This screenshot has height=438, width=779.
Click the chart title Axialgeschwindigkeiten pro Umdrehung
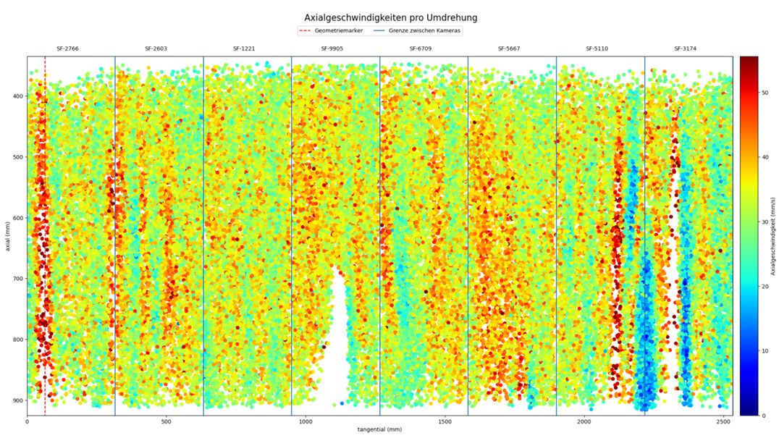(390, 17)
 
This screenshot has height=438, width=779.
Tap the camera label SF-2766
(67, 49)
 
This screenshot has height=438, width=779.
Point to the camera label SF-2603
(156, 49)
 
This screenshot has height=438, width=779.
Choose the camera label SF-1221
(244, 49)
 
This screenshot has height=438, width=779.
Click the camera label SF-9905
(332, 49)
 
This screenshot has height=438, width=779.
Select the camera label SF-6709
(421, 49)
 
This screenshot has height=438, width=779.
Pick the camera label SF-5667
(509, 49)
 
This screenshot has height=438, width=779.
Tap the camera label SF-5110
(597, 49)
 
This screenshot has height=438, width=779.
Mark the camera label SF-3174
(686, 49)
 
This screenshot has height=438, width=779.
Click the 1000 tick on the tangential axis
(306, 421)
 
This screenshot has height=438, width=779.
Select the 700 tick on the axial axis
(16, 279)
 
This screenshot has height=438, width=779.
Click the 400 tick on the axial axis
(16, 96)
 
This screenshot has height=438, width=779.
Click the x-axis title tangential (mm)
(379, 430)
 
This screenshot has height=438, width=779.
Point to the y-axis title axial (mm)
(7, 236)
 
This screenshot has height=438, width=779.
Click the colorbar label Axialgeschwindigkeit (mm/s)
(773, 236)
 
